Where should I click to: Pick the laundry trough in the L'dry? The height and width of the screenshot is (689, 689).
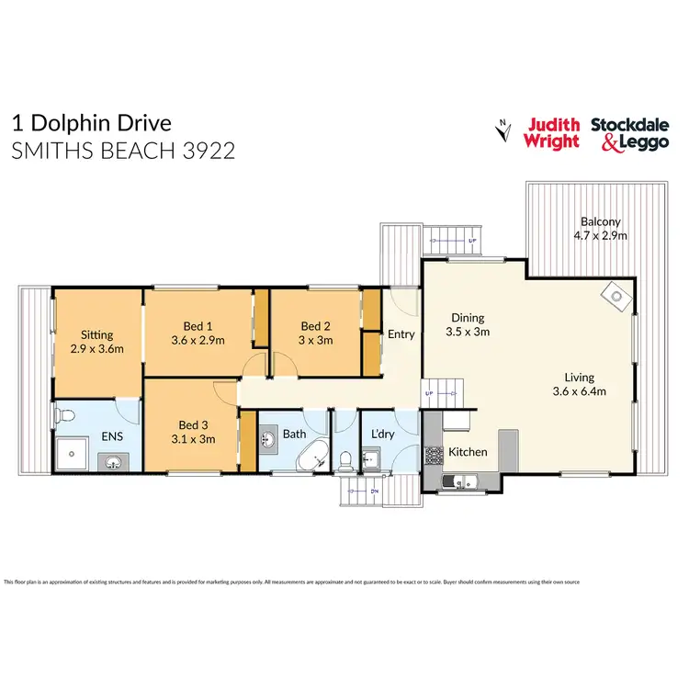[x=371, y=457]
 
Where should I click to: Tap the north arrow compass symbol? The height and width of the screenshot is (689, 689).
[x=503, y=131]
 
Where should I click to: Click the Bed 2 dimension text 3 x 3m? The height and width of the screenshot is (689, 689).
[x=315, y=340]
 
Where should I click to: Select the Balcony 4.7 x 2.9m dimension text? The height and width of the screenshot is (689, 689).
[x=601, y=235]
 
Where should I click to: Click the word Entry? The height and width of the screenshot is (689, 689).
[x=401, y=334]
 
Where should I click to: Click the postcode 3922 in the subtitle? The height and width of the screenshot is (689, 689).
[x=208, y=150]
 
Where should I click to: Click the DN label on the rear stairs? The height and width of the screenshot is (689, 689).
[x=374, y=491]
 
